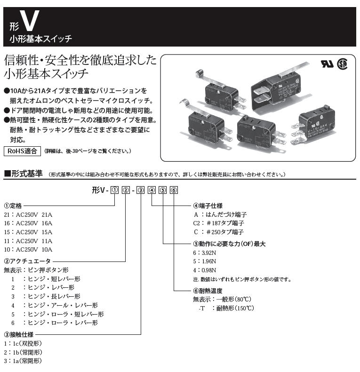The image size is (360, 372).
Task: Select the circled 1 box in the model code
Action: pos(113,190)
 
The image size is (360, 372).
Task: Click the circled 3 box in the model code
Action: pos(142,190)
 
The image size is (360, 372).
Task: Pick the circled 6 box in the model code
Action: pos(174,190)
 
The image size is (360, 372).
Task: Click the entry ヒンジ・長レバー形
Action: pos(52,296)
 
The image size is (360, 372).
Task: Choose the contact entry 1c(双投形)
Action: pos(23,343)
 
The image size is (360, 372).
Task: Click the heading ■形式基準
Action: pos(23,174)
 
